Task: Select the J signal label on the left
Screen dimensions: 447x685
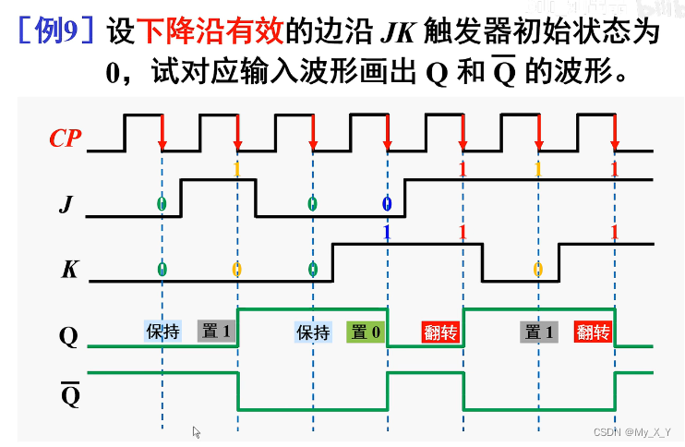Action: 65,204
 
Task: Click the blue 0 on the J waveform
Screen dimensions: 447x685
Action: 386,203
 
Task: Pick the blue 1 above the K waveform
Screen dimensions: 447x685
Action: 387,232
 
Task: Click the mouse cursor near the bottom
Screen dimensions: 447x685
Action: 197,431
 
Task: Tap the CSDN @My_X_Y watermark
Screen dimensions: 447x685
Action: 631,432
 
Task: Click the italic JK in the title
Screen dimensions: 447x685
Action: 398,32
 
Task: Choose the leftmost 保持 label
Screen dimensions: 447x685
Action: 162,332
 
